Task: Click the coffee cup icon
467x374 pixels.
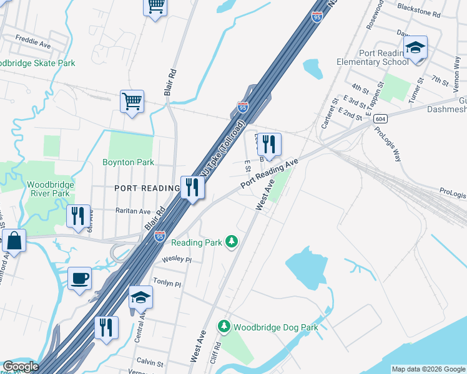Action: (79, 278)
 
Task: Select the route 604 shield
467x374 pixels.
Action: (380, 118)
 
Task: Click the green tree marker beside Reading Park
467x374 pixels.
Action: (232, 241)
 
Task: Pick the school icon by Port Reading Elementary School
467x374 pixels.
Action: (415, 48)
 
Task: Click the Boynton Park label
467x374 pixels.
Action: (128, 162)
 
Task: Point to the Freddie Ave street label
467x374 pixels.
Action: (33, 45)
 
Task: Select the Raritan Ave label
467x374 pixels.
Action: (132, 211)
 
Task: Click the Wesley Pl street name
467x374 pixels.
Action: (175, 259)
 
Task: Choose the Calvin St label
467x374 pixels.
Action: (150, 363)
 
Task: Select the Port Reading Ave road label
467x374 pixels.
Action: (267, 174)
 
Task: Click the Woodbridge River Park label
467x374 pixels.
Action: (51, 189)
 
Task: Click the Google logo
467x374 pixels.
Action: (20, 367)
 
